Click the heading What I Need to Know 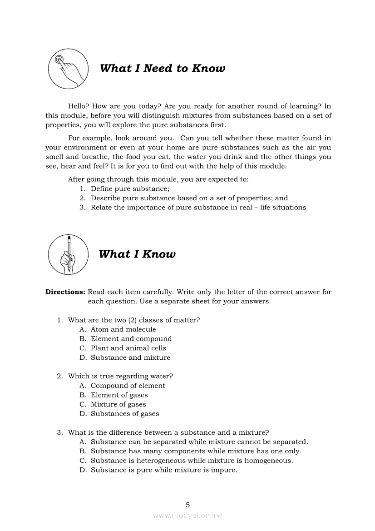click(162, 69)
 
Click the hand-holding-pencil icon click(68, 254)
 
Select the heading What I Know click(137, 254)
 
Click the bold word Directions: click(65, 292)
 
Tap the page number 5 click(187, 505)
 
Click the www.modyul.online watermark click(187, 516)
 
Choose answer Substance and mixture click(130, 357)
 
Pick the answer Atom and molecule click(123, 329)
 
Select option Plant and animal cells click(128, 348)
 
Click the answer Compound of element click(128, 386)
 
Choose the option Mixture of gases click(118, 404)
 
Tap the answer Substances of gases click(125, 414)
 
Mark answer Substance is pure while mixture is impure click(164, 470)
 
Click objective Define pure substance click(130, 189)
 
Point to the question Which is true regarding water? click(120, 376)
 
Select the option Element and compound click(131, 339)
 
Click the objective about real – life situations click(198, 208)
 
